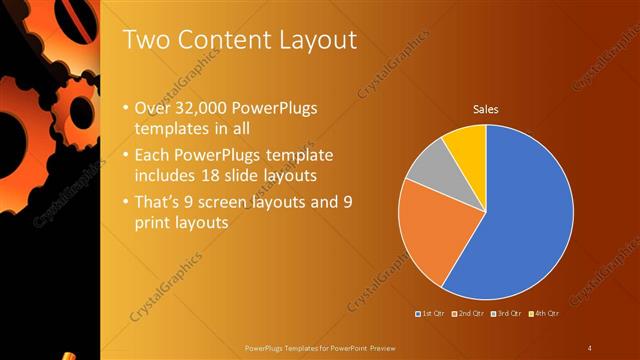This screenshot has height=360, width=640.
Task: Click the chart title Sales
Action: pyautogui.click(x=486, y=110)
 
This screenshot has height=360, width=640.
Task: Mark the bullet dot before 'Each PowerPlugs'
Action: pyautogui.click(x=124, y=156)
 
